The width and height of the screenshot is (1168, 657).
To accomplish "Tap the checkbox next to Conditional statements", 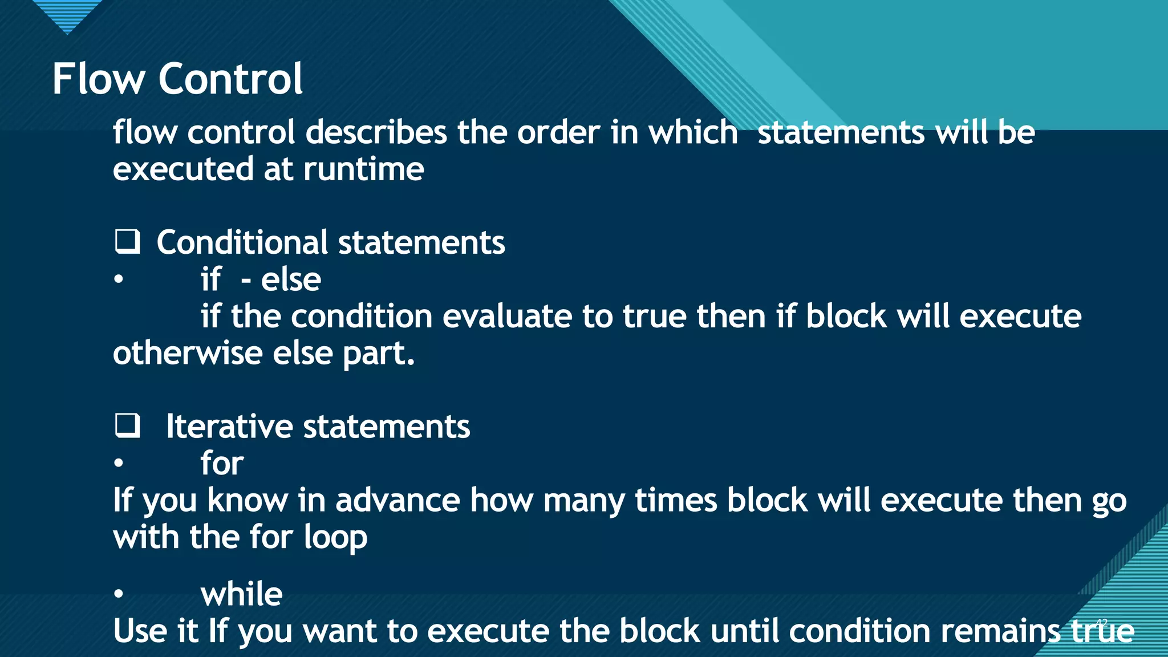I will click(x=127, y=241).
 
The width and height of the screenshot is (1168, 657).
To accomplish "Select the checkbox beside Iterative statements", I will click(x=127, y=425).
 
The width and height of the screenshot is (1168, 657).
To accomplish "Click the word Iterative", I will click(x=229, y=427).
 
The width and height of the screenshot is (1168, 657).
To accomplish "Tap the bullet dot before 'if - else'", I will click(x=118, y=279).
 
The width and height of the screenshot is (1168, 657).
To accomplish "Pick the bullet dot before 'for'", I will click(x=118, y=463).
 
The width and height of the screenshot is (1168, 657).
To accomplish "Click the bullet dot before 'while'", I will click(x=118, y=594).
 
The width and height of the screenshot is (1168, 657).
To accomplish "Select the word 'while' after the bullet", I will click(x=241, y=594).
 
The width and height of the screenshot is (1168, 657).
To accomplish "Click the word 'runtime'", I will click(x=363, y=169).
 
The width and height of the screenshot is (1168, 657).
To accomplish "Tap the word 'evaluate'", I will click(x=507, y=317).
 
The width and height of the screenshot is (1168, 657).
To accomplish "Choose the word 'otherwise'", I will click(x=188, y=353).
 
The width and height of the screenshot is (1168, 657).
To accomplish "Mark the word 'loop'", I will click(x=335, y=538).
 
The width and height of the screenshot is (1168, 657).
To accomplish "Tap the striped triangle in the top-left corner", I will click(x=67, y=14).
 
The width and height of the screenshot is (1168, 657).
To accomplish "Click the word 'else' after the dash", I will click(x=291, y=279).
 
